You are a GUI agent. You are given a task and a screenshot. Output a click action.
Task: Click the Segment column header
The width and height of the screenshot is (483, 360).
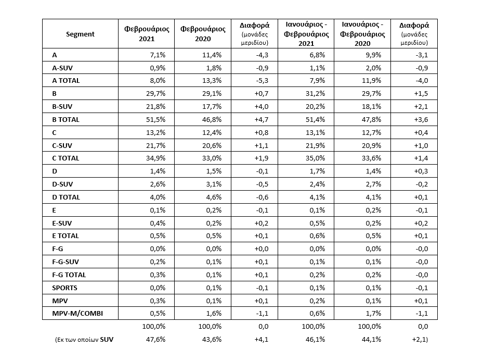(x=81, y=34)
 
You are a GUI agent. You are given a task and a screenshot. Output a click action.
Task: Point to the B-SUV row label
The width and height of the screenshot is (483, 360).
(x=62, y=107)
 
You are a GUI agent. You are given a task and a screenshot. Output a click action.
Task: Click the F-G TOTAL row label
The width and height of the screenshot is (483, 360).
(x=69, y=275)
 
